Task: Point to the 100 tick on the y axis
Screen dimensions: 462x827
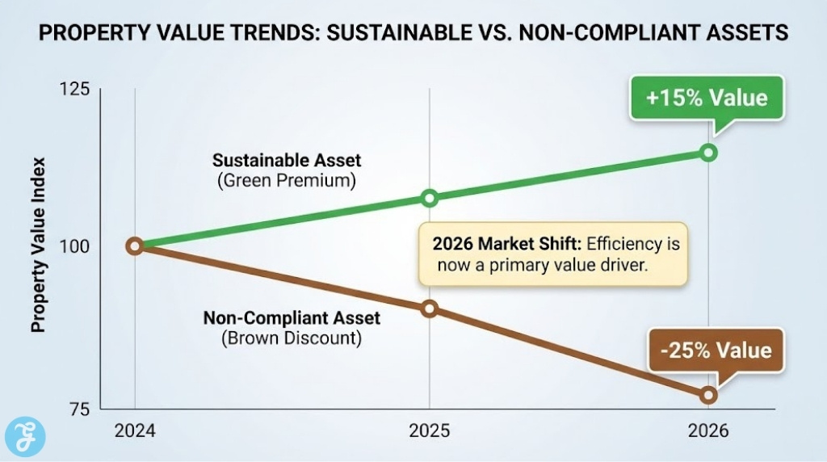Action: (x=74, y=246)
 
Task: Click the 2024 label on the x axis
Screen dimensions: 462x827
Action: (x=135, y=430)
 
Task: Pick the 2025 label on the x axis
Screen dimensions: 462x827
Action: (x=429, y=430)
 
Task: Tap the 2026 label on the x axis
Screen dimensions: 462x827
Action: (x=707, y=430)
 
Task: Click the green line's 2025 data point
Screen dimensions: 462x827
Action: (x=430, y=198)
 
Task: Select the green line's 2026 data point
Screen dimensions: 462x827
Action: (x=708, y=153)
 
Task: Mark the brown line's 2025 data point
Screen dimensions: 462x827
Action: (x=430, y=309)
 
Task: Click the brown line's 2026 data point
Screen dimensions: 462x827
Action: (x=708, y=395)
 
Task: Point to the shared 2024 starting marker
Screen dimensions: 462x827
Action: (x=135, y=246)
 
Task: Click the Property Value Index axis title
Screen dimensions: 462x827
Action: (x=38, y=250)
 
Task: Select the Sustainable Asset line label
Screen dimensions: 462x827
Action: (x=286, y=160)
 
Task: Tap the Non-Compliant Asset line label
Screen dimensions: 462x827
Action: (x=291, y=317)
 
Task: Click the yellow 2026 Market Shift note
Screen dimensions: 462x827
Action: (x=552, y=254)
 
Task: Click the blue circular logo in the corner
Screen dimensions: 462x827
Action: (x=25, y=437)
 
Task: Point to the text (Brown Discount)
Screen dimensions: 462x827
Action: (x=291, y=338)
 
